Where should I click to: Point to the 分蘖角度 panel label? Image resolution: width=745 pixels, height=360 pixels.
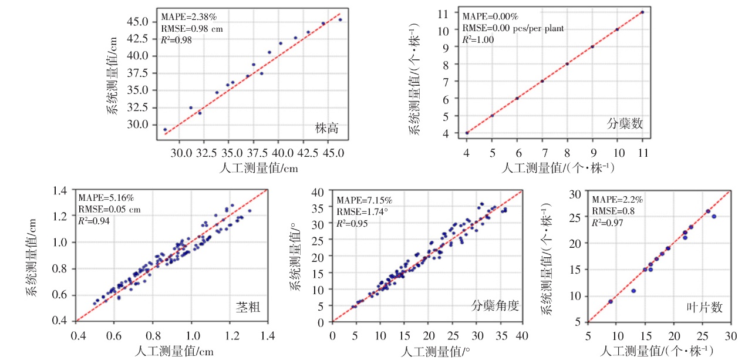495,305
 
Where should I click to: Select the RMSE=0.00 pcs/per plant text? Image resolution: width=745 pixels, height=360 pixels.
513,28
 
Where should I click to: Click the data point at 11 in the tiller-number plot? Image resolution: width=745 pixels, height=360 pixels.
642,12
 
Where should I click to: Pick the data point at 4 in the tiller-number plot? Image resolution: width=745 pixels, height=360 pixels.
467,133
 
